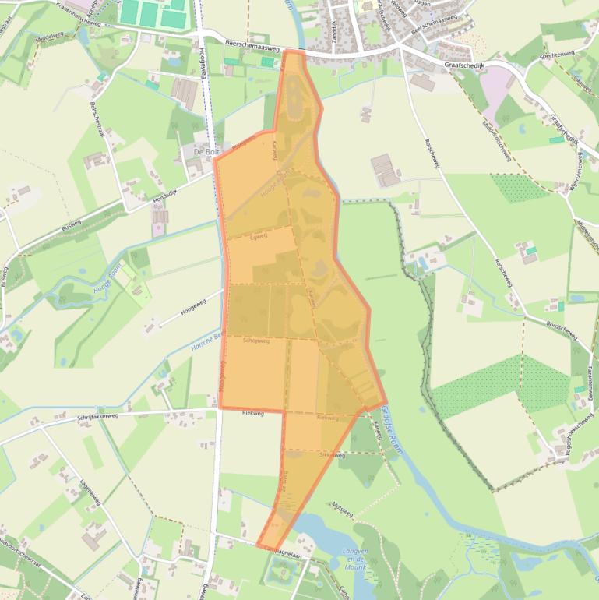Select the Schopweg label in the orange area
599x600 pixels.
256,341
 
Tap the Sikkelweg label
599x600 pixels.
332,454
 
